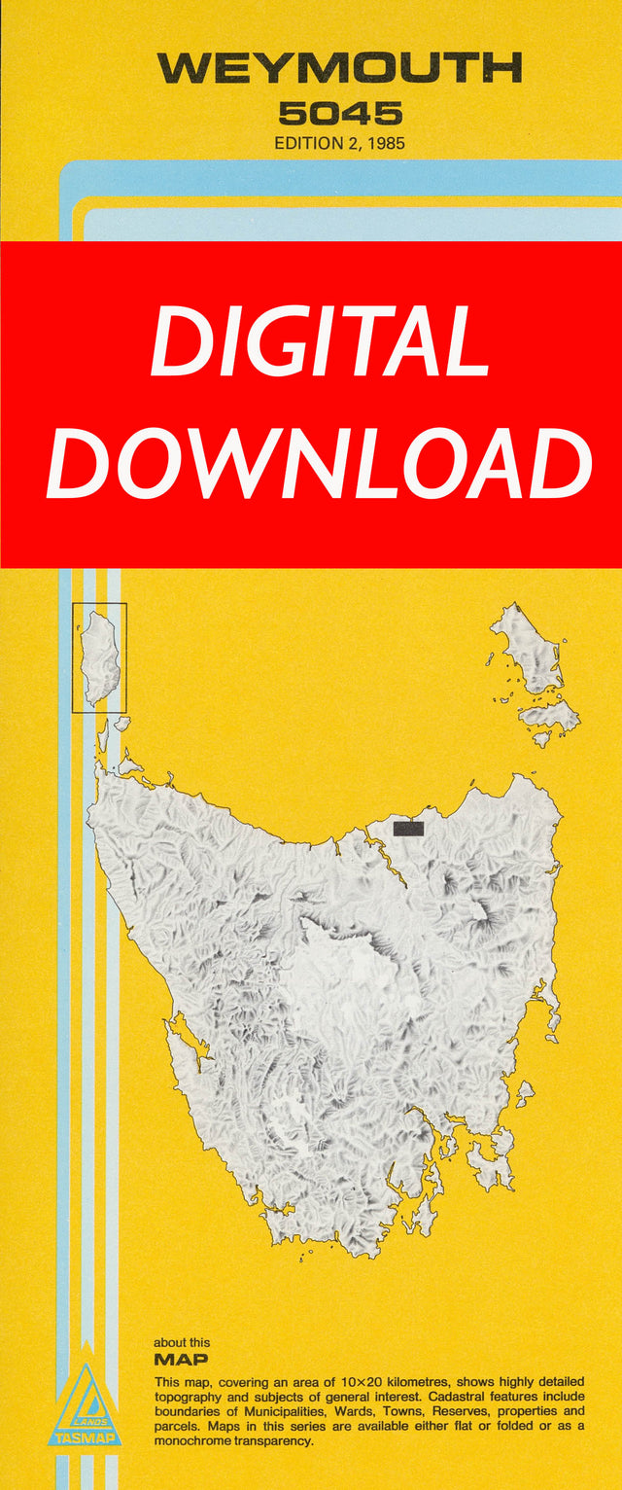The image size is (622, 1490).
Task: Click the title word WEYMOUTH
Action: pyautogui.click(x=339, y=69)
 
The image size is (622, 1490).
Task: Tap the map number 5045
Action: pyautogui.click(x=340, y=114)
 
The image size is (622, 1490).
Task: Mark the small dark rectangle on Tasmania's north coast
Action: pyautogui.click(x=408, y=828)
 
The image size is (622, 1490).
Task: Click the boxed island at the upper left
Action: pyautogui.click(x=99, y=657)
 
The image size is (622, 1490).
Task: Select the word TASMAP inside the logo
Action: pyautogui.click(x=87, y=1437)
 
